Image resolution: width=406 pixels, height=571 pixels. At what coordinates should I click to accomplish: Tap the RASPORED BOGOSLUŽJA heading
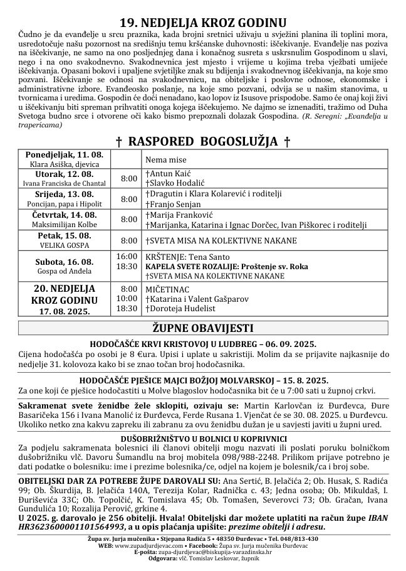tap(203, 141)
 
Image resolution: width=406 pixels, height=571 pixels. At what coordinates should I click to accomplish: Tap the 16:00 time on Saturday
tap(127, 257)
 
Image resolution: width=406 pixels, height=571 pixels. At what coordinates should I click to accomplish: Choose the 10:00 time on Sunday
tap(127, 298)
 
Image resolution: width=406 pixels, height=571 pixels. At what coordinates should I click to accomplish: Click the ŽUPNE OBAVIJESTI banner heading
tap(203, 328)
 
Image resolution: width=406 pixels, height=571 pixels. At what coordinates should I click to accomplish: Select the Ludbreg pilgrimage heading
tap(203, 344)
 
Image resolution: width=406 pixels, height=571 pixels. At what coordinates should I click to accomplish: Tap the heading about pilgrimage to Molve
tap(203, 380)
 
